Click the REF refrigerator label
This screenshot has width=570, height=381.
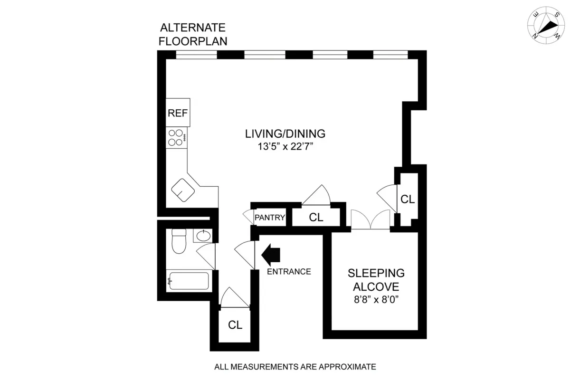point(178,114)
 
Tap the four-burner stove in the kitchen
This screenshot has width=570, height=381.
point(177,138)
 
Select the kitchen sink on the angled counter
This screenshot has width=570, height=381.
point(183,190)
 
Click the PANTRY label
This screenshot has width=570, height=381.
point(270,218)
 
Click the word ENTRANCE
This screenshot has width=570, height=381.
point(289,272)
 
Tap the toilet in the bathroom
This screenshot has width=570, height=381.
point(179,242)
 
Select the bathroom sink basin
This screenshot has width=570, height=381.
point(203,235)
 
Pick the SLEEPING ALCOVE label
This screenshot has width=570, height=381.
point(376,280)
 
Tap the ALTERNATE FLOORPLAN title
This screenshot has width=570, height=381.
point(193,34)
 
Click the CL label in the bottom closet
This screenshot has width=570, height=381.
point(235,325)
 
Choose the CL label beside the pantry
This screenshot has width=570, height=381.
point(316,218)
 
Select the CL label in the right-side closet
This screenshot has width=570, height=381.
point(408,200)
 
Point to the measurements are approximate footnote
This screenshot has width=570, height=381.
point(295,367)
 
